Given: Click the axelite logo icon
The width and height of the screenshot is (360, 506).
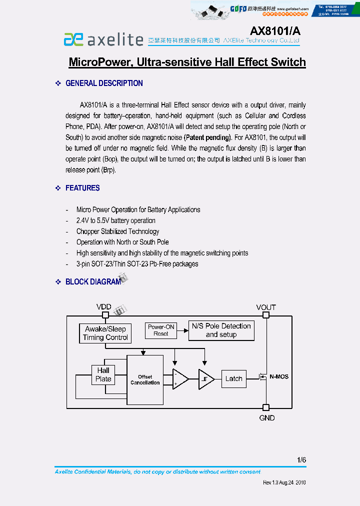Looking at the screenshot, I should pyautogui.click(x=73, y=39).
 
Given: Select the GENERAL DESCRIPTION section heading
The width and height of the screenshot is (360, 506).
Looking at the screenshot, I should pyautogui.click(x=104, y=83).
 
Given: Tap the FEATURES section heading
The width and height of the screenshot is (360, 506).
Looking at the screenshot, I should pyautogui.click(x=82, y=188).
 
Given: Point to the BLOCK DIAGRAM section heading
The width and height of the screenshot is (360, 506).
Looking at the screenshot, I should pyautogui.click(x=93, y=282).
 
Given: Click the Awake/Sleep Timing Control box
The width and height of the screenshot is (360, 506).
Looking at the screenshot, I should pyautogui.click(x=105, y=333).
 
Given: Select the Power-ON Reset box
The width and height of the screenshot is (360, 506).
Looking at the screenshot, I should pyautogui.click(x=161, y=330).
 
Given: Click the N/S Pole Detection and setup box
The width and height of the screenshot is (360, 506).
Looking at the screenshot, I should pyautogui.click(x=221, y=330).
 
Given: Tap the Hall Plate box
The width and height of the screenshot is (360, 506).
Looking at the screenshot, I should pyautogui.click(x=103, y=374).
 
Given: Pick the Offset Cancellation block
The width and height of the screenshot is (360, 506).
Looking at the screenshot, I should pyautogui.click(x=145, y=380).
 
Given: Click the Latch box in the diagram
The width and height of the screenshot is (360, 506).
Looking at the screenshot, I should pyautogui.click(x=233, y=378).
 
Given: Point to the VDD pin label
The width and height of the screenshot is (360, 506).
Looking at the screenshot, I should pyautogui.click(x=104, y=306).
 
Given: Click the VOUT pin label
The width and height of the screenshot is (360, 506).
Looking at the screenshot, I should pyautogui.click(x=266, y=307).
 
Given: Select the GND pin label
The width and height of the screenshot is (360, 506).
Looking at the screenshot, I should pyautogui.click(x=266, y=418).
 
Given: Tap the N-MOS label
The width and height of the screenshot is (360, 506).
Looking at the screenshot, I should pyautogui.click(x=279, y=376).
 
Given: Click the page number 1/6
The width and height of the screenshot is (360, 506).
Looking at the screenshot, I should pyautogui.click(x=301, y=459).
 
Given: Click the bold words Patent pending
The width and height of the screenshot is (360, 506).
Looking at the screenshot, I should pyautogui.click(x=207, y=137).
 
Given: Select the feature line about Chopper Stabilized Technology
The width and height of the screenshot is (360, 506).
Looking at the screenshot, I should pyautogui.click(x=117, y=231).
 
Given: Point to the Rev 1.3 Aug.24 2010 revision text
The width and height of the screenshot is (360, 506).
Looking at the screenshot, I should pyautogui.click(x=284, y=483).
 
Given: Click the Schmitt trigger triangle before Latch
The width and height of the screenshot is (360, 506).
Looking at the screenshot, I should pyautogui.click(x=205, y=379).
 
